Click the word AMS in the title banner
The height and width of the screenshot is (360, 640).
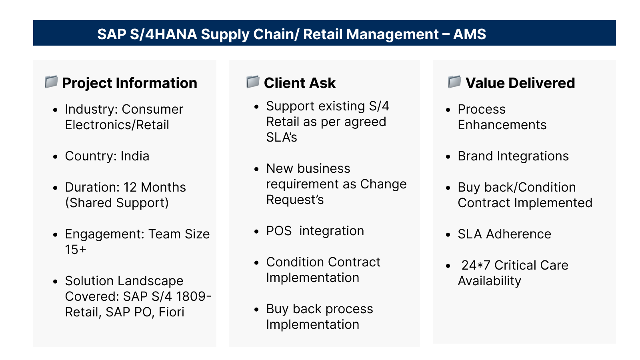pos(470,34)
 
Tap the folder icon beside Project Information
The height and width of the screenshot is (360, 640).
pos(52,82)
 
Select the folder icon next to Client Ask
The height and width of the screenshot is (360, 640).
pos(253,82)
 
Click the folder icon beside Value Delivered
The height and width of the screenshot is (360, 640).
pos(454,82)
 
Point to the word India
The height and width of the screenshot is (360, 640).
pos(135,156)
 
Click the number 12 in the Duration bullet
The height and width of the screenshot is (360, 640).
pos(130,188)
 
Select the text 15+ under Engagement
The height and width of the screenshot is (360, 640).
pos(76,250)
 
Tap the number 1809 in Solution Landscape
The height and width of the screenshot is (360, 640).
pos(190,296)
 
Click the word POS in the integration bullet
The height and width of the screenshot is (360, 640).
pos(279,231)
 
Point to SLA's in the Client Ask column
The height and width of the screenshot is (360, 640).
pos(282,138)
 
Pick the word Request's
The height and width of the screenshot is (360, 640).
pos(295,200)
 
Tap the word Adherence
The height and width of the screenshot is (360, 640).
pos(518,234)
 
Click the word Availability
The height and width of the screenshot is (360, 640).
pos(490,281)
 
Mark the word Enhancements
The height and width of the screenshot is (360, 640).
pos(502,125)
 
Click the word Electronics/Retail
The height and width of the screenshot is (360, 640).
pos(117,125)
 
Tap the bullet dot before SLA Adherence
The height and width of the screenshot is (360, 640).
pos(448,235)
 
